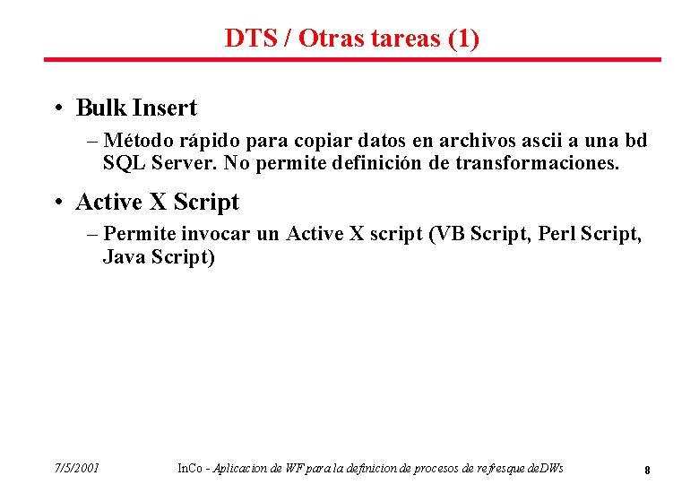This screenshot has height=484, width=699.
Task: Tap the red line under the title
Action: (352, 60)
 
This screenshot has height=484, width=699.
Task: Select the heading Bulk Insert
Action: (136, 108)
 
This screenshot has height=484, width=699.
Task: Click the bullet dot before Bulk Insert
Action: (56, 109)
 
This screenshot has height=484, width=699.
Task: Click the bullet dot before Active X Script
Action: (56, 203)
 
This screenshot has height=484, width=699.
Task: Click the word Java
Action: (124, 257)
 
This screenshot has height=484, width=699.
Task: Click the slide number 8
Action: (647, 469)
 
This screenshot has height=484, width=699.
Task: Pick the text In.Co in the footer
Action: (189, 468)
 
